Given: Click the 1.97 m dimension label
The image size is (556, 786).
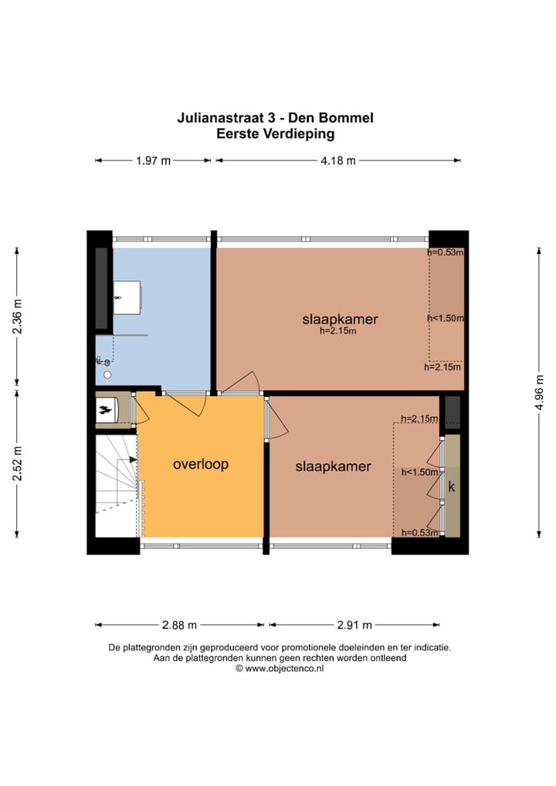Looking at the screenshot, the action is click(154, 161).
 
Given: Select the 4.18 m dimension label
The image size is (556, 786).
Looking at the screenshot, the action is click(338, 161).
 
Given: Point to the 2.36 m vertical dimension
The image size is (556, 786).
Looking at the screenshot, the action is click(18, 316).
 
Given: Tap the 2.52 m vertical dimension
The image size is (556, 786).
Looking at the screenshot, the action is click(18, 462).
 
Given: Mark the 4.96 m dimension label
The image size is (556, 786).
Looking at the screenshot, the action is click(539, 392).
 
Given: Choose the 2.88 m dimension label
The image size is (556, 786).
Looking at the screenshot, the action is click(179, 625).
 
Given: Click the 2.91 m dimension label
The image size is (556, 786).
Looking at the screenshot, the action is click(354, 625).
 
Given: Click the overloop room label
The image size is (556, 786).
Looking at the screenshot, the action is click(201, 465).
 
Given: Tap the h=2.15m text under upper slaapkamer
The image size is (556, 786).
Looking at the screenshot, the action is click(338, 330).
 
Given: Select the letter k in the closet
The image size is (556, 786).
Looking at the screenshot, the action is click(452, 486).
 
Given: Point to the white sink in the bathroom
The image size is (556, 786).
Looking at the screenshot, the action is click(127, 298).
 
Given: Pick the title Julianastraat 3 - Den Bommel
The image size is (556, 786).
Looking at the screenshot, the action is click(275, 118).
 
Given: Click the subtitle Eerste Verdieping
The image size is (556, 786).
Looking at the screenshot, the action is click(275, 134).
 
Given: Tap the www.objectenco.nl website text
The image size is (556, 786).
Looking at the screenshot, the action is click(284, 668).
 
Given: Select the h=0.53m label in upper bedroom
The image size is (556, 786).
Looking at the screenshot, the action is click(446, 252).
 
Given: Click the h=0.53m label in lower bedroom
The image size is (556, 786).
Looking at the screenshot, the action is click(419, 533).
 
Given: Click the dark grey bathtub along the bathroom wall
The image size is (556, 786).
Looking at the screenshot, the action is click(102, 288).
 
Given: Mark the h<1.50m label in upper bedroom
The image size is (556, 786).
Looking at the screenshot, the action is click(446, 318).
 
